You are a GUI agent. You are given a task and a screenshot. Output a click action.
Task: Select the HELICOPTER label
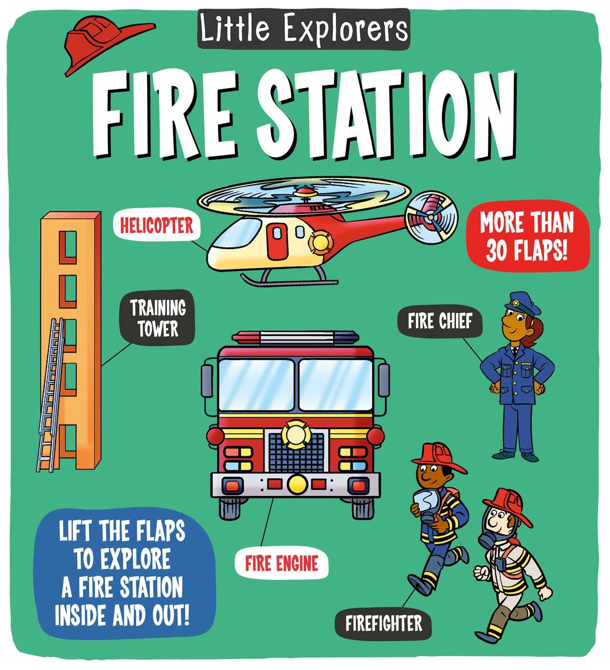(x=157, y=226)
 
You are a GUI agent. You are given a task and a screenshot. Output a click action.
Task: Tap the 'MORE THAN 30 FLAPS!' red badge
(x=527, y=236)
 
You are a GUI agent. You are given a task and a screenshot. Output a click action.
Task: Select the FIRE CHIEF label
(x=440, y=322)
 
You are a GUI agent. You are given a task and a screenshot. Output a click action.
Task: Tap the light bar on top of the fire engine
(x=296, y=337)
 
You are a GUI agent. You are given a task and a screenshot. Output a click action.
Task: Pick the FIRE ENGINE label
(x=281, y=563)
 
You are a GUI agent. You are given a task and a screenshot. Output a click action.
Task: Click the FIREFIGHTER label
(x=383, y=623)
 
